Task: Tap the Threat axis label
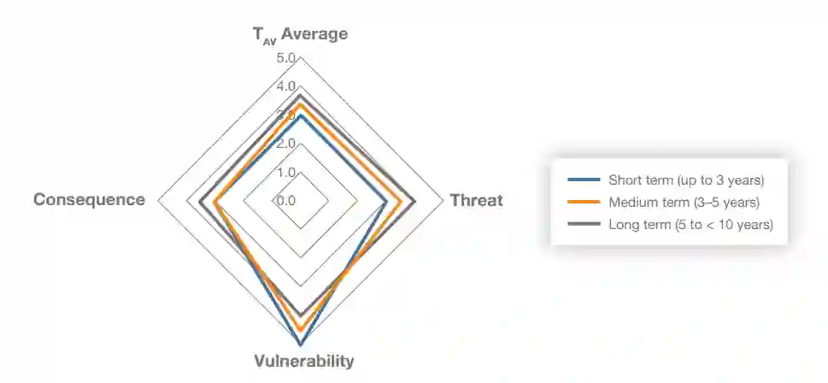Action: tap(476, 201)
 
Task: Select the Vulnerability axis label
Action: tap(303, 360)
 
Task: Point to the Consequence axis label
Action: tap(89, 200)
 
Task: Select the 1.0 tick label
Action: tap(285, 172)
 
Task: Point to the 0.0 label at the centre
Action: tap(285, 201)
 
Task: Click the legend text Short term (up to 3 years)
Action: tap(685, 180)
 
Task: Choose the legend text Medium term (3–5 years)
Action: tap(684, 203)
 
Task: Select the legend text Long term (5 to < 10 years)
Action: tap(690, 225)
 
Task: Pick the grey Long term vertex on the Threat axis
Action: tap(415, 201)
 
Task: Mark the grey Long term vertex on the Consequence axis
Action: tap(199, 201)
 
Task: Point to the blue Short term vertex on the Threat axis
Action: tap(386, 201)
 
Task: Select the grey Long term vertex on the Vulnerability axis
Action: tap(300, 315)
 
